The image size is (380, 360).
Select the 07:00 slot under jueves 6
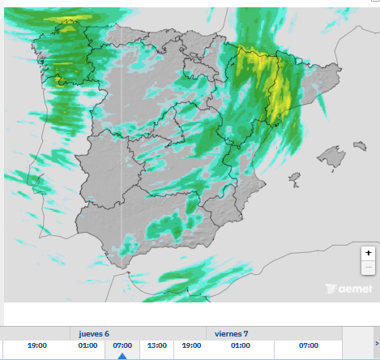click(x=122, y=345)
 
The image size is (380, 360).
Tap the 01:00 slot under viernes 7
click(x=240, y=345)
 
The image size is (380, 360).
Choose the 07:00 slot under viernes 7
click(x=308, y=345)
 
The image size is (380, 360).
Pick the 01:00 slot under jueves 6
click(x=88, y=345)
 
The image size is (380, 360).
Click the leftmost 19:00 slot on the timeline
click(x=36, y=345)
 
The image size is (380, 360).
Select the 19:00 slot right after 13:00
click(x=191, y=345)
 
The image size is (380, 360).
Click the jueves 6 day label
click(x=94, y=333)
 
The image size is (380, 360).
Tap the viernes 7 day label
click(x=232, y=333)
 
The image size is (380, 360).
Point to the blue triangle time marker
click(x=122, y=356)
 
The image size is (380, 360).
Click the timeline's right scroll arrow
click(x=376, y=343)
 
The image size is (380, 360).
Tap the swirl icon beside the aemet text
click(x=330, y=289)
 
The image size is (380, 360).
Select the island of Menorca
click(x=359, y=147)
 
